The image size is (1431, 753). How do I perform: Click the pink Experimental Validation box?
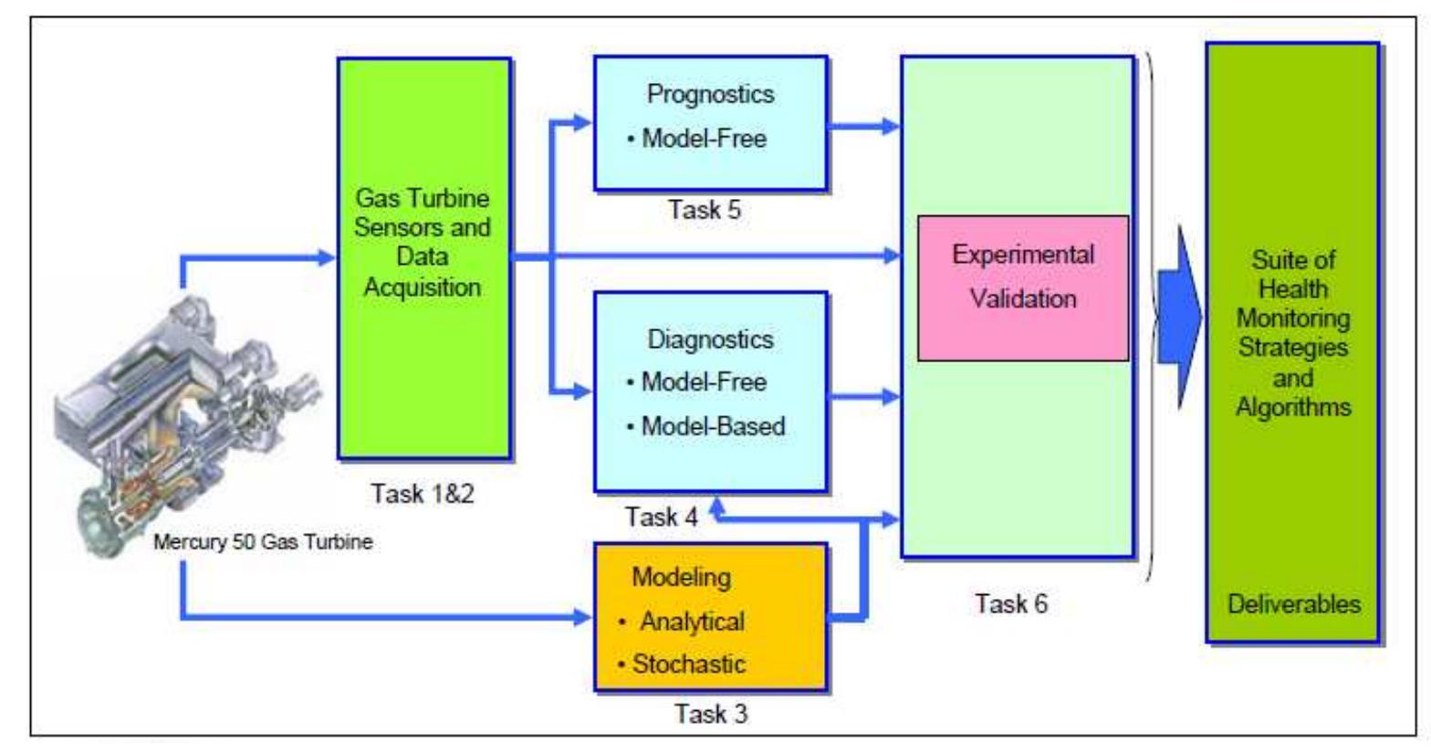pos(1023,288)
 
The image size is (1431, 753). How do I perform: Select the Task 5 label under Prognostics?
pos(705,210)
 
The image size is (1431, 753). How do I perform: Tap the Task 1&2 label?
pos(423,493)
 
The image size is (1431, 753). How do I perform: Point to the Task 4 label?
pos(661,517)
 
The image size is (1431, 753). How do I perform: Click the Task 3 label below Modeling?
pos(711,714)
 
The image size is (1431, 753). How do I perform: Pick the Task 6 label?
pos(1011,603)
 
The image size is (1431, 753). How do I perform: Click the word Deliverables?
pos(1294,604)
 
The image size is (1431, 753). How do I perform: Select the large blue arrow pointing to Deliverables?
pos(1180,317)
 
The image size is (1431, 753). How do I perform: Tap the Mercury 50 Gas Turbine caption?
pos(263,542)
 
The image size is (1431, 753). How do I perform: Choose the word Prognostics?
pos(710,94)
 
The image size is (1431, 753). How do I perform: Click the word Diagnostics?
pos(710,340)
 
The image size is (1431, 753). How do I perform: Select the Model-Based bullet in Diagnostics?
pos(706,426)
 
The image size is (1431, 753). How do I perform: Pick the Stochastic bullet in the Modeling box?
pos(681,664)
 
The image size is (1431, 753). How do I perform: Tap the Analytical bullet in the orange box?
pos(681,622)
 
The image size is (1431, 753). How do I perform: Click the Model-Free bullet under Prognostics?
pos(697,139)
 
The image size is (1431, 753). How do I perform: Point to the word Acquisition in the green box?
pos(423,288)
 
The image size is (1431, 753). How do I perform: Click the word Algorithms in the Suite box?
pos(1294,407)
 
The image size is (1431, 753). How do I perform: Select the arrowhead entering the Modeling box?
pos(582,617)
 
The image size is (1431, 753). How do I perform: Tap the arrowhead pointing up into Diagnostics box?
pos(717,506)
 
